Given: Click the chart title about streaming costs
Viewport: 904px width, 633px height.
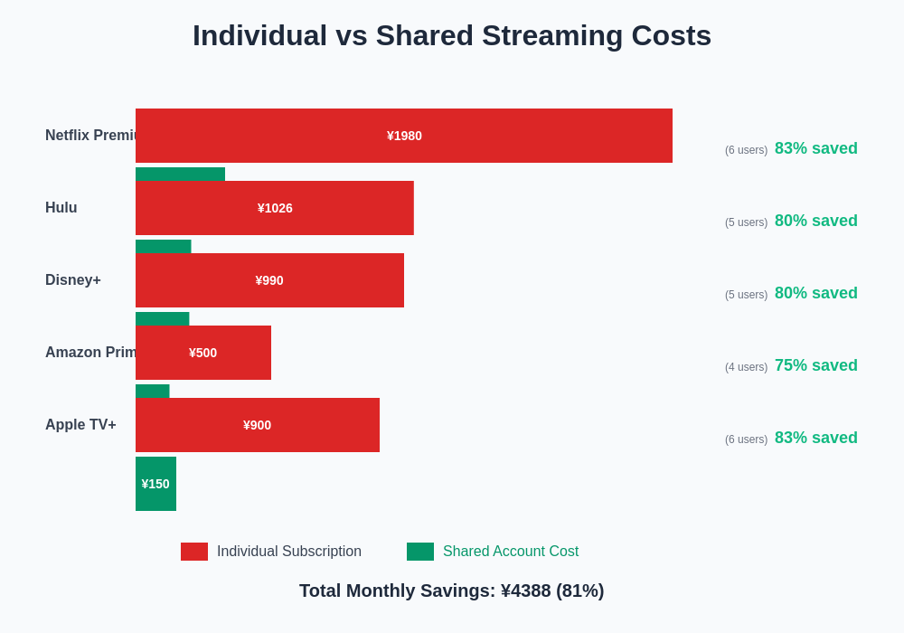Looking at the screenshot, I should pos(452,36).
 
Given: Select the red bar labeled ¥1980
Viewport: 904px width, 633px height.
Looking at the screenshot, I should pos(404,136).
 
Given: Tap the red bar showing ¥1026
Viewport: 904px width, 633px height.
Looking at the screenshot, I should pos(275,208).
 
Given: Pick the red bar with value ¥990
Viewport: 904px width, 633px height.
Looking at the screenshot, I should pos(269,280).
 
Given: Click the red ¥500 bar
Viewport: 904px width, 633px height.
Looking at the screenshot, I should pos(203,353).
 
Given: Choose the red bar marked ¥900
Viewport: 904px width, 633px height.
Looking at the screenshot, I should pos(258,425).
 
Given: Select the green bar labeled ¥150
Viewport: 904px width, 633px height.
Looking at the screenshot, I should pos(155,484).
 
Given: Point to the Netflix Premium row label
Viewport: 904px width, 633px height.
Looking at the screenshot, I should pos(90,136).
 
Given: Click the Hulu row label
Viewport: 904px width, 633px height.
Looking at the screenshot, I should pos(61,208).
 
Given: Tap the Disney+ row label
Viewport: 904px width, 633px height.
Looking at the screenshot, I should pos(73,280).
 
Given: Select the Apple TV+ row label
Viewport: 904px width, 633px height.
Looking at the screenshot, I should pos(80,425).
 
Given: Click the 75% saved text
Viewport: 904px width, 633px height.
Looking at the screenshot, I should pos(815,365).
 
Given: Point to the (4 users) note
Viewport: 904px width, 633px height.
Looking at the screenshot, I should pos(746,367).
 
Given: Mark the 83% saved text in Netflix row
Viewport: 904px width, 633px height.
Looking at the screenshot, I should pos(815,148).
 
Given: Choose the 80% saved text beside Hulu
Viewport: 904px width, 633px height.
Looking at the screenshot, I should pos(815,221).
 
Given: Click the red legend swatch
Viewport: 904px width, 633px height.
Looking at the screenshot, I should pos(194,552).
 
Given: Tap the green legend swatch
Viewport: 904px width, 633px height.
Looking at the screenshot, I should pos(420,552).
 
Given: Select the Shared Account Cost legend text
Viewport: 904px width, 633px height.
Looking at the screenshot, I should pos(511,552).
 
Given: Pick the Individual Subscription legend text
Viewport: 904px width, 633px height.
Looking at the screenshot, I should pos(289,552).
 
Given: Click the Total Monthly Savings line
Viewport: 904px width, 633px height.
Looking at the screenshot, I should pos(452,590).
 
